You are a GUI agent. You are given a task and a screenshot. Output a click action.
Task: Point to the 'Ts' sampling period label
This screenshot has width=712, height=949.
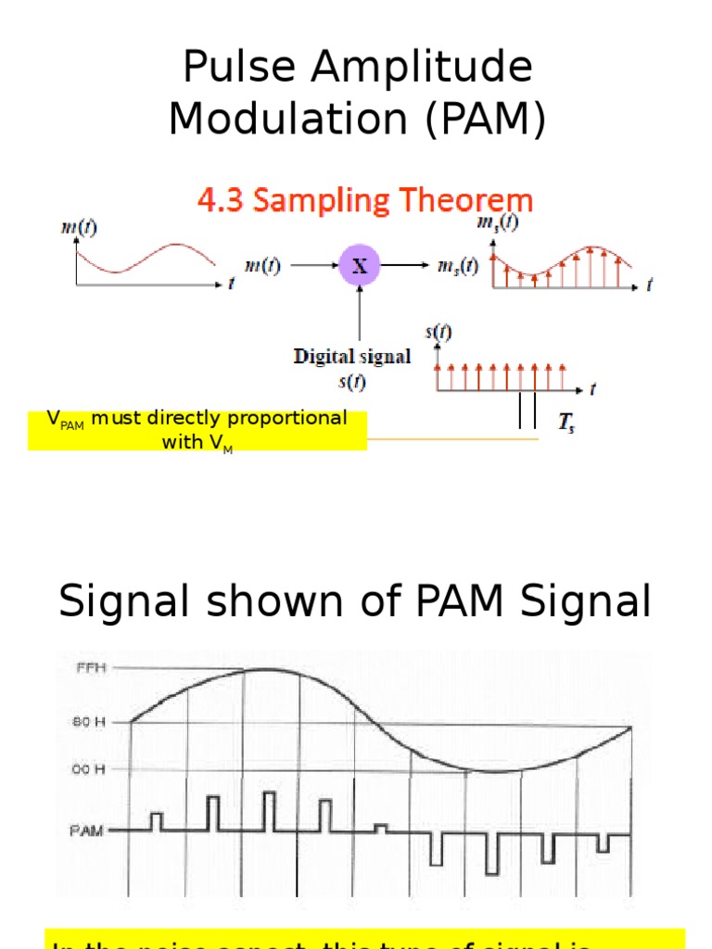click(x=566, y=425)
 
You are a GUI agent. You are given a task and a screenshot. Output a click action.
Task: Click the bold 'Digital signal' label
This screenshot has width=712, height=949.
click(x=352, y=357)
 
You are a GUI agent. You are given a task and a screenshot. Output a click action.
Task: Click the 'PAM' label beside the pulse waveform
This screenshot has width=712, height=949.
click(x=87, y=830)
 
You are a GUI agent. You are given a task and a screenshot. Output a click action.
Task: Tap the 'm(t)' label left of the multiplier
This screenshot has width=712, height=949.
click(x=262, y=266)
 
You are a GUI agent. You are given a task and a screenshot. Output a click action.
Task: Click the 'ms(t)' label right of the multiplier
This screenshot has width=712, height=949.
click(x=458, y=266)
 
